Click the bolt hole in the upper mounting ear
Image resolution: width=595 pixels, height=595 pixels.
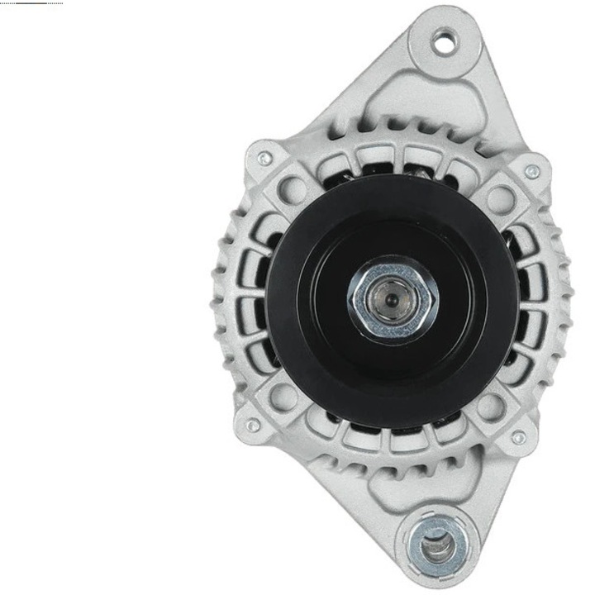[445, 40]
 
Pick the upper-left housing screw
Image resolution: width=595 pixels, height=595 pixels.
[264, 158]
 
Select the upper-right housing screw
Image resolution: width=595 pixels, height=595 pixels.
[532, 172]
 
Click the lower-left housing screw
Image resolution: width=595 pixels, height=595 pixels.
[253, 425]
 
